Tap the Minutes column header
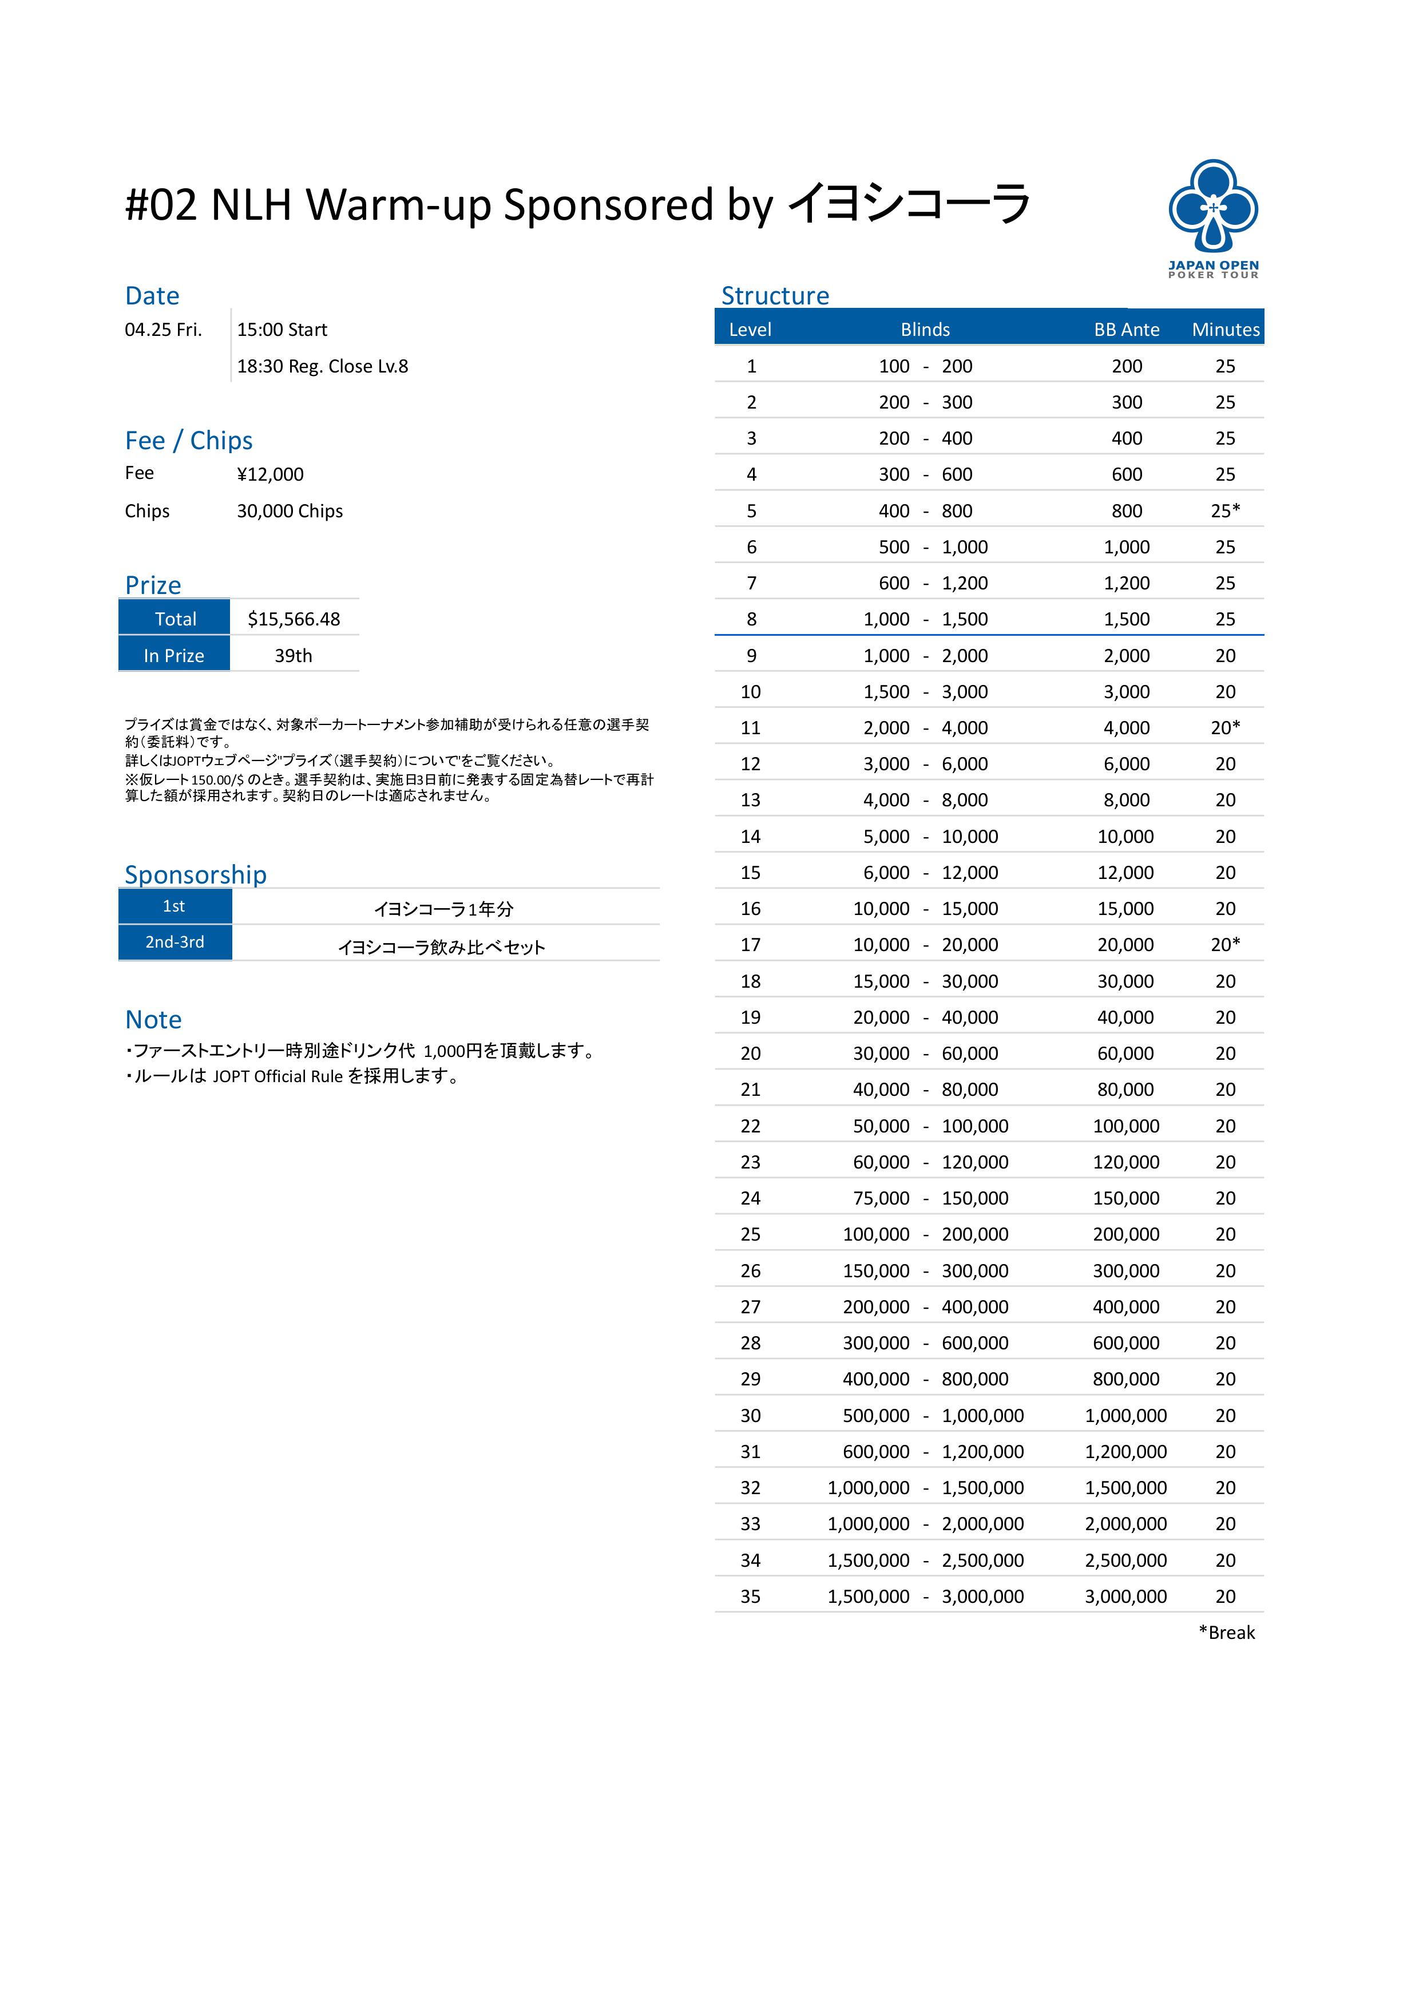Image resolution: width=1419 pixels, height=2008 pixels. click(x=1225, y=330)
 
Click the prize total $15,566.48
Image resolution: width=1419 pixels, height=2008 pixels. click(x=294, y=619)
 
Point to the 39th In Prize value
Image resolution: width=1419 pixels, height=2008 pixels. click(x=293, y=656)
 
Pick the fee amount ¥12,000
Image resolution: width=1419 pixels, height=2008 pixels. click(x=270, y=474)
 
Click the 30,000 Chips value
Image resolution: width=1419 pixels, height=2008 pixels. click(x=290, y=511)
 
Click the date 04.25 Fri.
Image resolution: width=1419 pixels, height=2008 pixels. click(x=164, y=330)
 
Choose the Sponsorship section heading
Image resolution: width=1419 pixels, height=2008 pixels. click(x=195, y=874)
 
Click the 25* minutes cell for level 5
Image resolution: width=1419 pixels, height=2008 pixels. click(x=1225, y=511)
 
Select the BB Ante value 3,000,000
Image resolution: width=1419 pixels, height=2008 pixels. click(x=1125, y=1596)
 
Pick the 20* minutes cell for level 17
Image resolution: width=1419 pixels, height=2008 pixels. click(x=1225, y=945)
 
